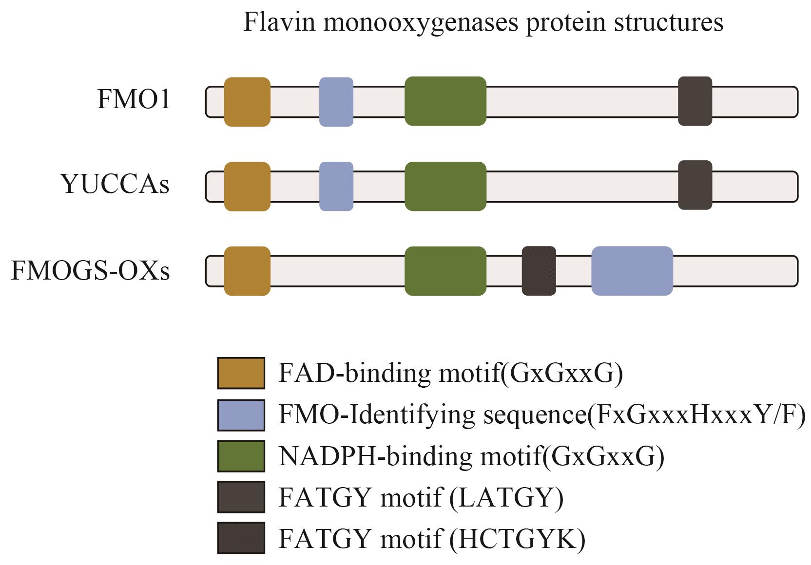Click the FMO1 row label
tap(134, 100)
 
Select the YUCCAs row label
tap(116, 185)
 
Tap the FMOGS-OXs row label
tap(91, 271)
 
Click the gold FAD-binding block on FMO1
tap(247, 102)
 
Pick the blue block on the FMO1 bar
tap(336, 102)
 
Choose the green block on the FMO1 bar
tap(445, 101)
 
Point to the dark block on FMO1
tap(695, 101)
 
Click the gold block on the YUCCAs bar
tap(247, 187)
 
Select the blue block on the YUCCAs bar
tap(336, 187)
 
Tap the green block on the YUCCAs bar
tap(445, 187)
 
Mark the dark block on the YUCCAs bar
tap(695, 185)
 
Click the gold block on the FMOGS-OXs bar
tap(247, 271)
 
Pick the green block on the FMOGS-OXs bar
tap(445, 271)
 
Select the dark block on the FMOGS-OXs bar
tap(539, 271)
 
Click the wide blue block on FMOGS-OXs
tap(632, 271)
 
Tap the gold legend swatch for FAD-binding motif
tap(241, 373)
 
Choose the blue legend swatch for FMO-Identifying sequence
tap(241, 415)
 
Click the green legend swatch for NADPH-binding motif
tap(241, 456)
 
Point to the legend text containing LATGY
tap(421, 497)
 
